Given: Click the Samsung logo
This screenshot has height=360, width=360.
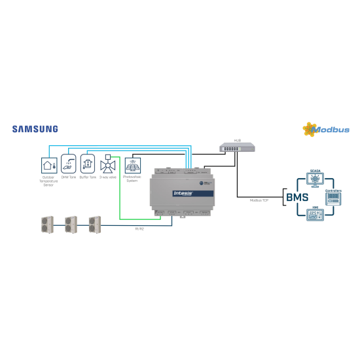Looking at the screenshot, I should (x=35, y=129).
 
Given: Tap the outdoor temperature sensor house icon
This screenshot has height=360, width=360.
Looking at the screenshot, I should (x=48, y=164).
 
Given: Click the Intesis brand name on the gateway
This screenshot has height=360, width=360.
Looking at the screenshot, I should (x=181, y=194).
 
